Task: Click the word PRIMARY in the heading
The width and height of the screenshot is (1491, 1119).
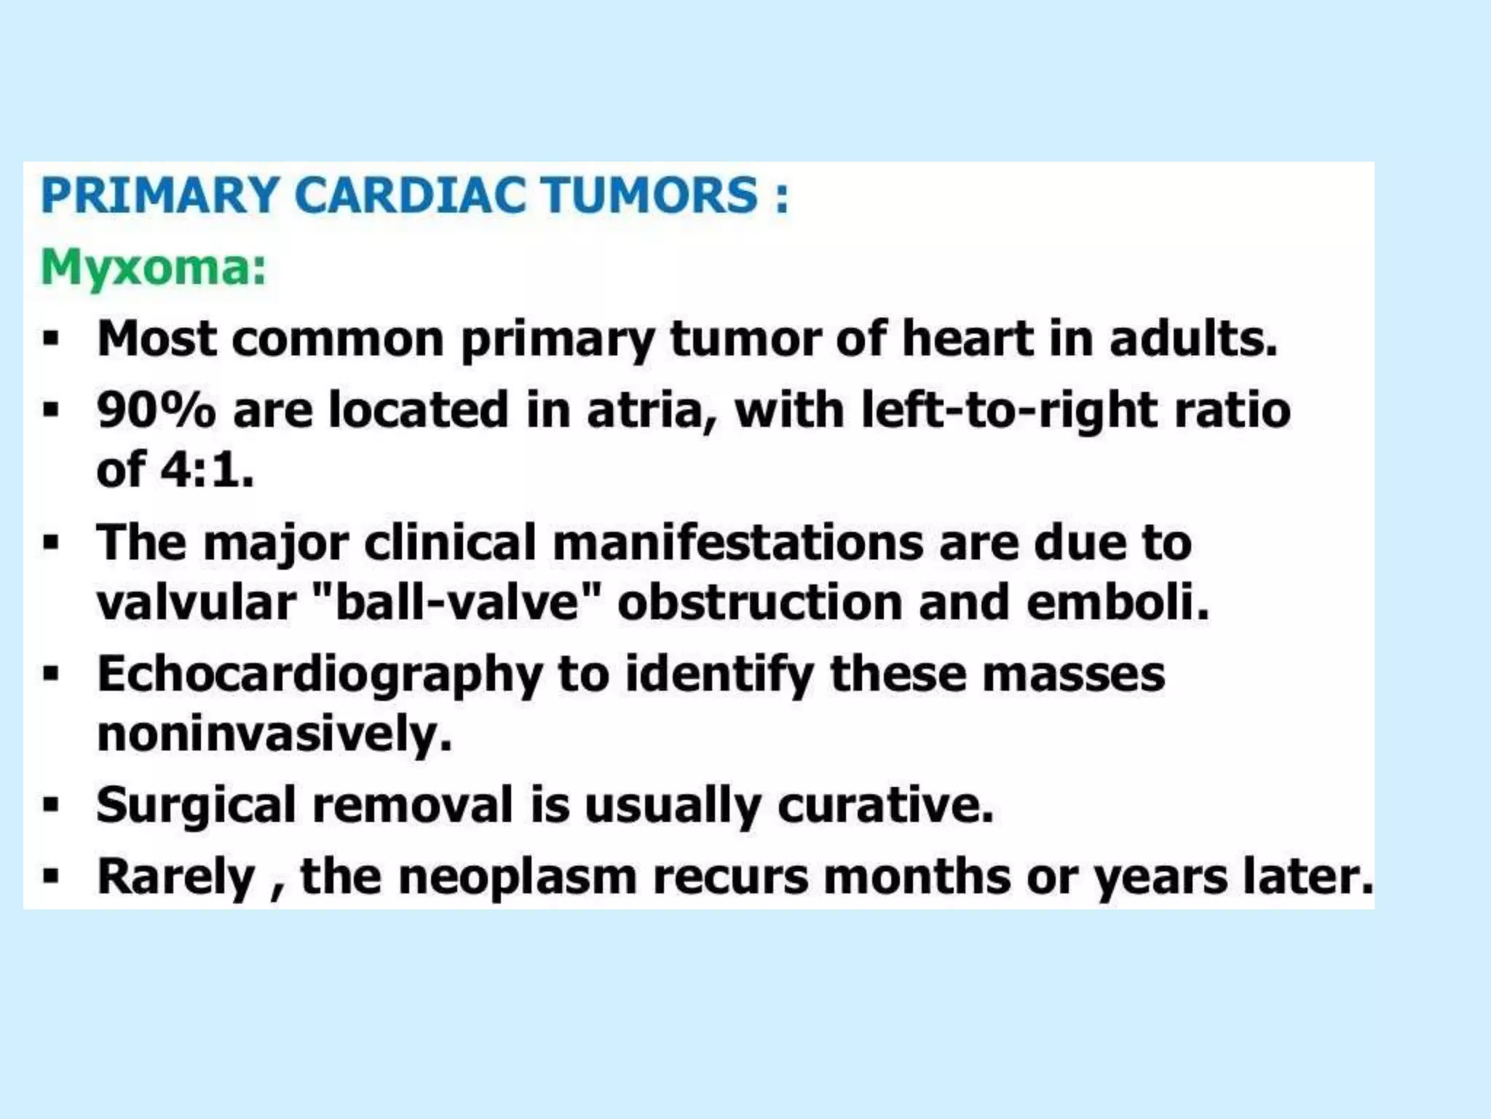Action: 159,195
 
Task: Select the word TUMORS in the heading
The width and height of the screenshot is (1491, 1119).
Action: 652,195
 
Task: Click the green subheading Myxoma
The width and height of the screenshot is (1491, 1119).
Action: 153,268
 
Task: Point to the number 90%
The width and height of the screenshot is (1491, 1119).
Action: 156,409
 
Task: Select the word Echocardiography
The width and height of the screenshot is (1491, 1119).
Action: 320,675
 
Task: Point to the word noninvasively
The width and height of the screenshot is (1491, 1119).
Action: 274,734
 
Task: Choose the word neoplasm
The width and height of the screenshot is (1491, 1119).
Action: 518,876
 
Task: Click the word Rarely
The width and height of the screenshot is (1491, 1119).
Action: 175,876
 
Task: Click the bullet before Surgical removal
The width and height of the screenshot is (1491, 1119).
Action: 50,806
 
